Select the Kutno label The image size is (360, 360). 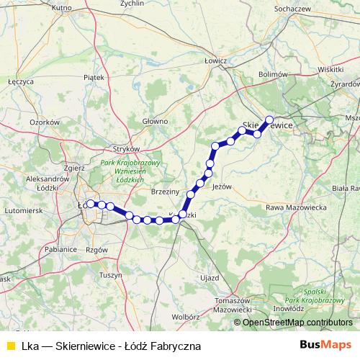tap(63, 7)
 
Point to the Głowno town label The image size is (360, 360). tap(155, 121)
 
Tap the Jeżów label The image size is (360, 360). tap(223, 186)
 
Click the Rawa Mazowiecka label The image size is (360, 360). tap(290, 207)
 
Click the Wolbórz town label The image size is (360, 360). tap(185, 315)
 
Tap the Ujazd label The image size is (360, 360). tap(210, 277)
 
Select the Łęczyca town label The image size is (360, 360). tap(21, 82)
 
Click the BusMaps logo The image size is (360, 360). tap(325, 345)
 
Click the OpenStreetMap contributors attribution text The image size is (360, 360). tap(297, 323)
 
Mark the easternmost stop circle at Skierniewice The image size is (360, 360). tap(270, 120)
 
